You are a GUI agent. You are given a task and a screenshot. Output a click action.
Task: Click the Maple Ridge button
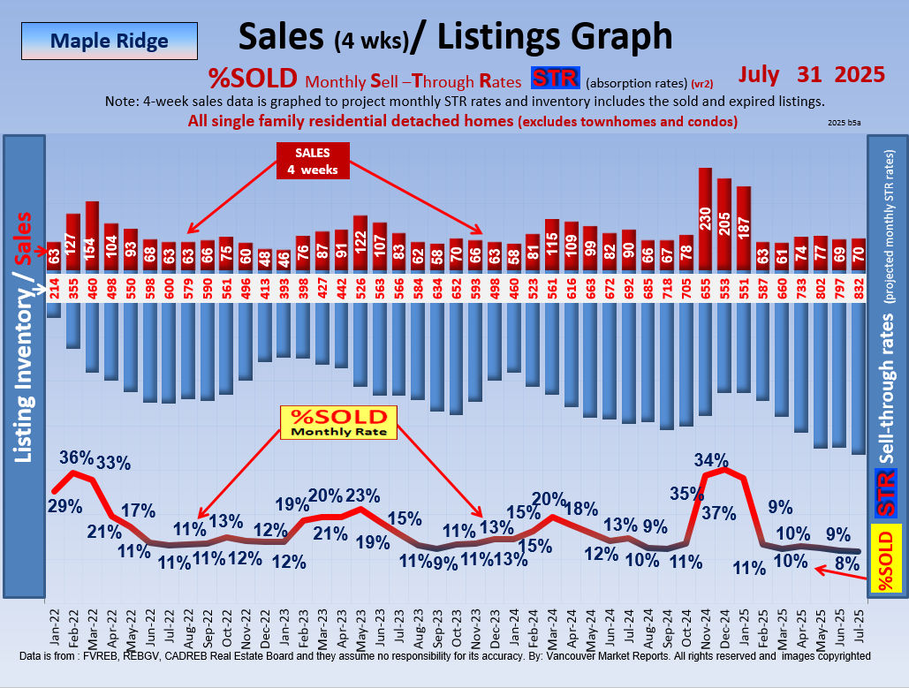click(110, 41)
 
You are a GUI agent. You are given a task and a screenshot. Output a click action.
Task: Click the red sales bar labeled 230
click(705, 219)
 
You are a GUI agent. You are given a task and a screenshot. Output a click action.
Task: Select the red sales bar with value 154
click(92, 236)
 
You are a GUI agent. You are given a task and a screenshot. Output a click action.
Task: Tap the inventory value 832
click(859, 288)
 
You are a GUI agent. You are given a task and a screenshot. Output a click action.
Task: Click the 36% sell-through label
click(77, 457)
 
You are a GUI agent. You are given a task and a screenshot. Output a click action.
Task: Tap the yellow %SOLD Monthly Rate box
click(338, 422)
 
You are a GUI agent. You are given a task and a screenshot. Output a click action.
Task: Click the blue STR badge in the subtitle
click(555, 79)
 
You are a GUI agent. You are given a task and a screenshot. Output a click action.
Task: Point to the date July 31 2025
click(812, 74)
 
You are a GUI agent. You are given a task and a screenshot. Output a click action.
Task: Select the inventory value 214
click(54, 288)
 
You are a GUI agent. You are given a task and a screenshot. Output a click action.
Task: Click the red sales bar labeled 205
click(724, 224)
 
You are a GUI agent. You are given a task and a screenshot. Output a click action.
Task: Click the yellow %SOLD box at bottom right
click(887, 558)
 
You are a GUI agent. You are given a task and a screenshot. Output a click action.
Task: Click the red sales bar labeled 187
click(744, 229)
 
